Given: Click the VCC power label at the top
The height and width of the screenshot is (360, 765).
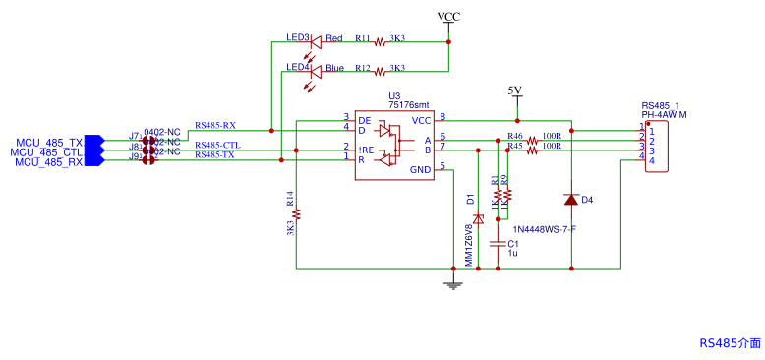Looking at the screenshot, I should (x=448, y=17).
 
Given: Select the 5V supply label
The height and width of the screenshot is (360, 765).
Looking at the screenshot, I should (x=514, y=90).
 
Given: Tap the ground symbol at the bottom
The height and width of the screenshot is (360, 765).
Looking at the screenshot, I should (x=452, y=284).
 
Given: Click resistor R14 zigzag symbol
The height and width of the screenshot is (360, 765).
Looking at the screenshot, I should (x=297, y=213).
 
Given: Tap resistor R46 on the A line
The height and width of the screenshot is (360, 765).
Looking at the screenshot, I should (x=532, y=141).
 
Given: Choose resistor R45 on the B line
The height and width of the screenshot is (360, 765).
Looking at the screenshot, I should (x=532, y=150).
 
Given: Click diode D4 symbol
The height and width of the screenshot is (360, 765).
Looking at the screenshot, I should (x=571, y=200).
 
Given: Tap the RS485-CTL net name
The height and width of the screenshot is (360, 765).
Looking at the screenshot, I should (x=216, y=146).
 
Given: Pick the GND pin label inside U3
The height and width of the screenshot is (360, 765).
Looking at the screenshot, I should (x=420, y=170).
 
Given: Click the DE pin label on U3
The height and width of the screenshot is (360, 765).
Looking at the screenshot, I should (x=364, y=119).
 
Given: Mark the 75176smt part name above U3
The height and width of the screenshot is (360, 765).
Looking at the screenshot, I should (x=409, y=104).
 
